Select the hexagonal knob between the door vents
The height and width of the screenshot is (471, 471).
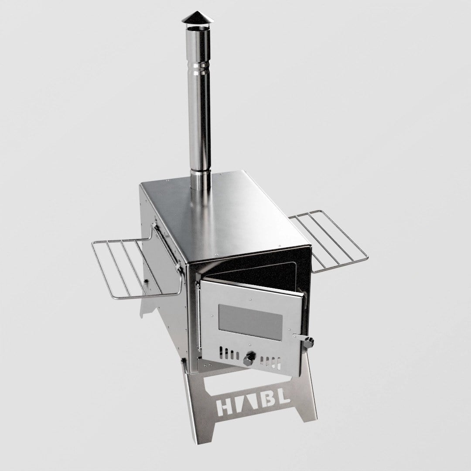click(x=249, y=358)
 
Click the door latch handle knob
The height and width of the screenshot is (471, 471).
click(x=309, y=342)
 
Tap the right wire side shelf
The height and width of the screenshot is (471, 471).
click(x=328, y=241)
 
